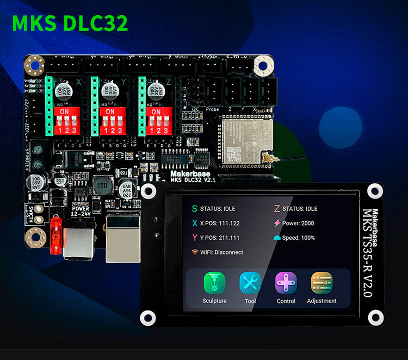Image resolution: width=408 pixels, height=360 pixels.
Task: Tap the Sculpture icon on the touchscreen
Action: point(214,283)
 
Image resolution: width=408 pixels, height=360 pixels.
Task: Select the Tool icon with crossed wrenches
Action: point(250,283)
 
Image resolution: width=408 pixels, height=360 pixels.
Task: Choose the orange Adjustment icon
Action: point(322,283)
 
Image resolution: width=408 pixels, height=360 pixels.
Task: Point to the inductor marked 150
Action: point(101,185)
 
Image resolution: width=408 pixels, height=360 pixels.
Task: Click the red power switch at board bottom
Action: point(54,235)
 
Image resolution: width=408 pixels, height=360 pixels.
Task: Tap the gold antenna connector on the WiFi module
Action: point(268,158)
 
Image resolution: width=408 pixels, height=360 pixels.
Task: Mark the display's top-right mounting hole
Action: point(374,191)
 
